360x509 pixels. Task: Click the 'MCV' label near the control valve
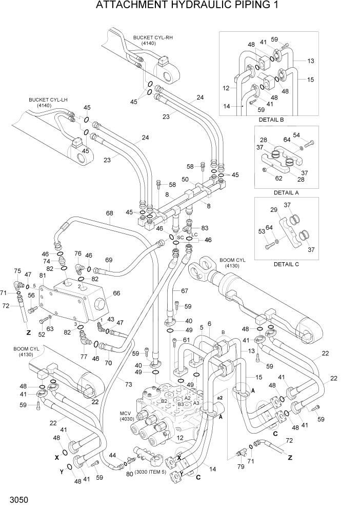click(127, 413)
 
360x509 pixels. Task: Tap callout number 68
click(109, 213)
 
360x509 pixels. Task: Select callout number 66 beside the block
click(116, 293)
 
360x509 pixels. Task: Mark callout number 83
click(205, 228)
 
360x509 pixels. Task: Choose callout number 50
click(185, 180)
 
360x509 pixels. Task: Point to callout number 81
click(42, 276)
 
